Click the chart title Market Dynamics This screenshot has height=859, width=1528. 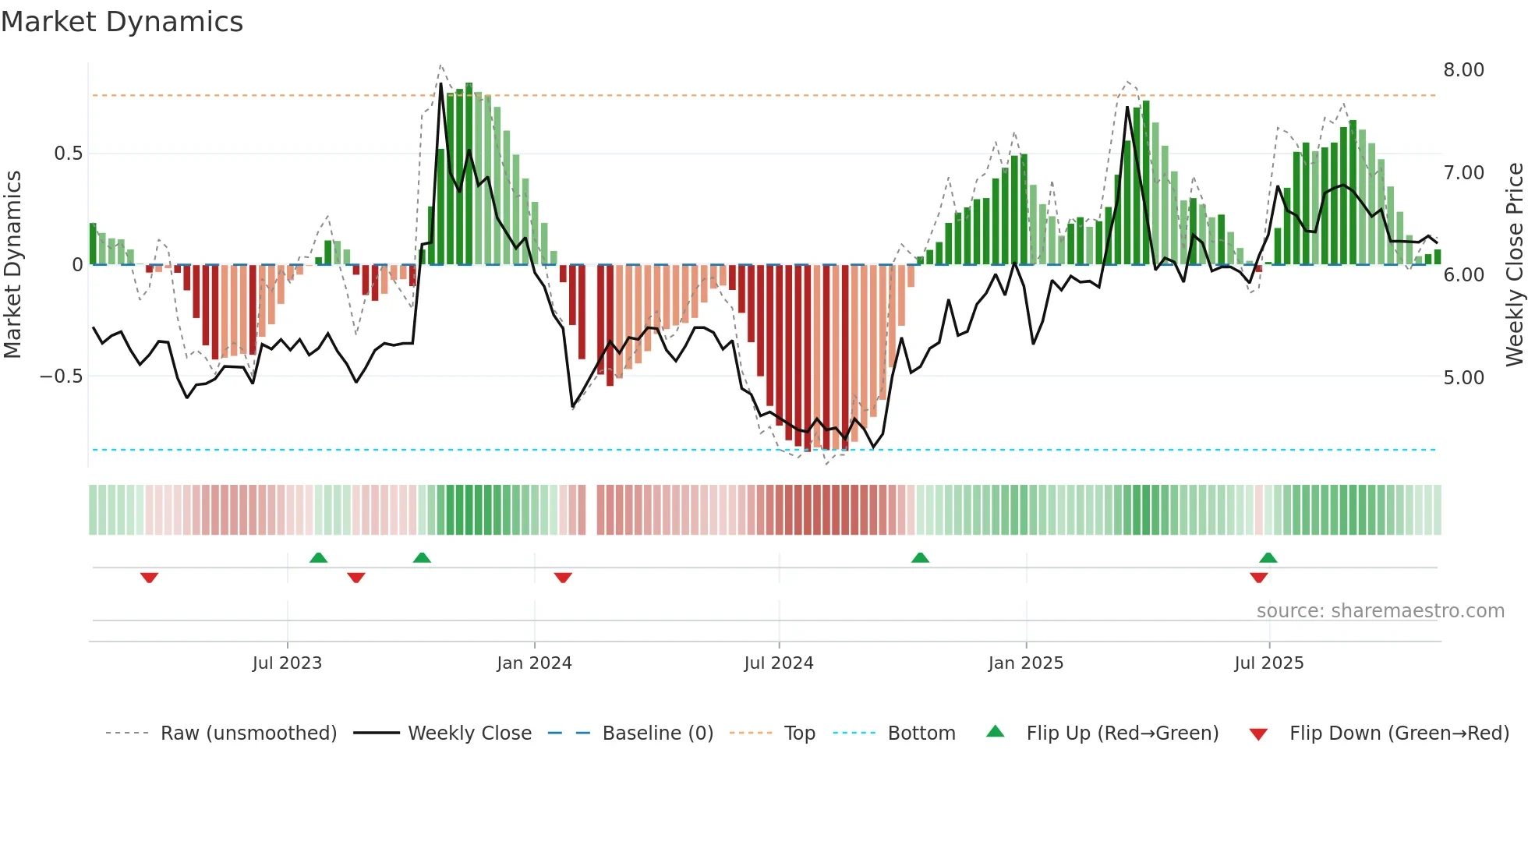pos(122,22)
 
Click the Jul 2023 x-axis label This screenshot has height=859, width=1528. pos(287,663)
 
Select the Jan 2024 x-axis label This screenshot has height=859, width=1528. pos(534,663)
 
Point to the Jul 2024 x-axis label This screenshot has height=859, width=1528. pos(778,663)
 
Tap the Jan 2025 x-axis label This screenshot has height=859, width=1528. pos(1025,663)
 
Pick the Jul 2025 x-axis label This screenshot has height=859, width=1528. pos(1268,663)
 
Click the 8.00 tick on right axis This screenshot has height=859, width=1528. pos(1463,70)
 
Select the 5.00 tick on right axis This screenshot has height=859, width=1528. pos(1463,378)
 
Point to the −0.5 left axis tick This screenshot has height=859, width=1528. pos(61,376)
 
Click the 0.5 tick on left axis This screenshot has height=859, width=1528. pos(68,154)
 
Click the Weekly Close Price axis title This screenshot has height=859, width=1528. pos(1514,264)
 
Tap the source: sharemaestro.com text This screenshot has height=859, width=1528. pos(1380,611)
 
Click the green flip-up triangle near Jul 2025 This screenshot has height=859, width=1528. pos(1268,557)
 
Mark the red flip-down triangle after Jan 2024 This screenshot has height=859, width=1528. pos(563,578)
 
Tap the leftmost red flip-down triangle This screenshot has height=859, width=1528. pos(149,578)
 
